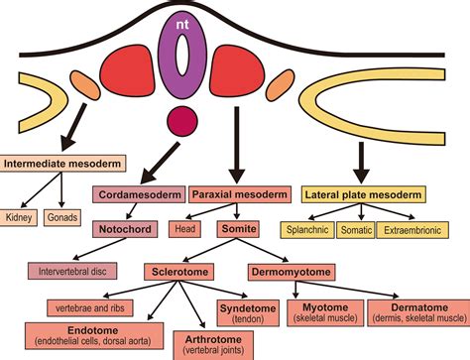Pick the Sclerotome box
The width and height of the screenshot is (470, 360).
pyautogui.click(x=184, y=269)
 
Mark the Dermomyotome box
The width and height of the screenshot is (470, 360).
pyautogui.click(x=291, y=269)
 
